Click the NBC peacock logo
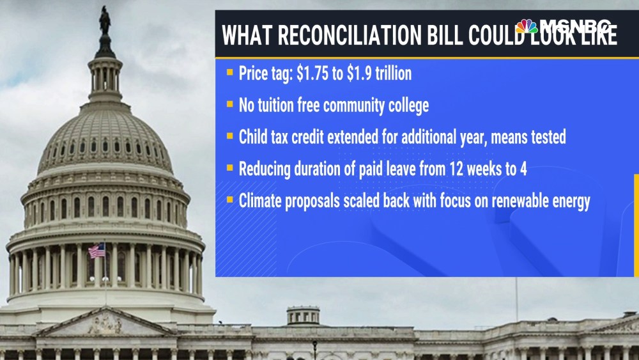[527, 26]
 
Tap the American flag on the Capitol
[96, 251]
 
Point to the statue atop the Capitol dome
[105, 20]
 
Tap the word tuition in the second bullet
[277, 106]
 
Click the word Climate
[259, 201]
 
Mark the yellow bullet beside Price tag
[230, 72]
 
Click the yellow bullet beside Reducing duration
[230, 168]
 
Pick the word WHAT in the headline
[247, 35]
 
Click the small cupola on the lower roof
[303, 316]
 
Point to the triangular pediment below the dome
[105, 322]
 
